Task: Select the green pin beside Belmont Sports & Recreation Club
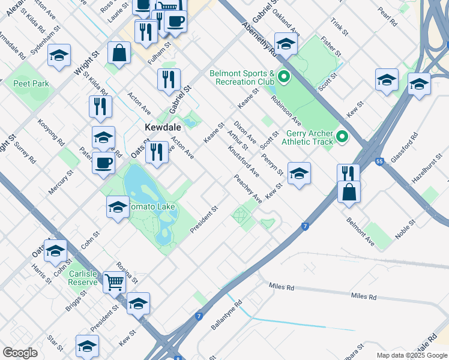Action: coord(284,76)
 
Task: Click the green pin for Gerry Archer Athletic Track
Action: coord(342,137)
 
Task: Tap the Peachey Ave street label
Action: coord(248,188)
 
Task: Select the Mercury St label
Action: coord(61,181)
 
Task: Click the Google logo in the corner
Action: coord(20,353)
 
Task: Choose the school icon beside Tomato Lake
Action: coord(117,208)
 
